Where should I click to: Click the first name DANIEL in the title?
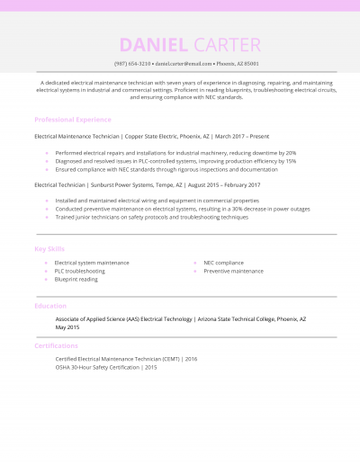pyautogui.click(x=152, y=45)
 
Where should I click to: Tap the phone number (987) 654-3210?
pyautogui.click(x=132, y=65)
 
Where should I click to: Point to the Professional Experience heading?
pyautogui.click(x=73, y=120)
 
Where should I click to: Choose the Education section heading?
pyautogui.click(x=50, y=306)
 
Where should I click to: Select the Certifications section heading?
pyautogui.click(x=56, y=345)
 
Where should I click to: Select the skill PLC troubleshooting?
pyautogui.click(x=79, y=271)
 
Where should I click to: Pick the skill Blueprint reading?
pyautogui.click(x=76, y=279)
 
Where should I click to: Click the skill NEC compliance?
pyautogui.click(x=223, y=263)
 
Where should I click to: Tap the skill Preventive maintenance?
pyautogui.click(x=233, y=271)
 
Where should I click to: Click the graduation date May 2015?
pyautogui.click(x=67, y=326)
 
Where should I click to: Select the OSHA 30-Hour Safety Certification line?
pyautogui.click(x=106, y=367)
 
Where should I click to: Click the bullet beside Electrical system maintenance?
pyautogui.click(x=46, y=263)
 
